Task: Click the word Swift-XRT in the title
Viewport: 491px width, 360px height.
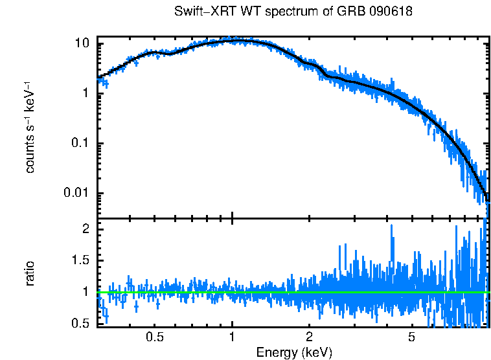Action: coord(201,12)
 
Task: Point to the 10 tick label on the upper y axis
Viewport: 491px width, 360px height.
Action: coord(82,43)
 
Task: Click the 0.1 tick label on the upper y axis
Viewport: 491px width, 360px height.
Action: coord(80,143)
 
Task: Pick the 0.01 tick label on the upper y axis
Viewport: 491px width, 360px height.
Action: coord(77,193)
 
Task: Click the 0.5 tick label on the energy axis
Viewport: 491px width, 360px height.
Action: coord(154,337)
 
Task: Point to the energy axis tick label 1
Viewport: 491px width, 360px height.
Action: coord(232,337)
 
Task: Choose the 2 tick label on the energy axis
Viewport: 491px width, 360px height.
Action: coord(309,337)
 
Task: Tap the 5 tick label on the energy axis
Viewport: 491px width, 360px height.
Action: coord(411,337)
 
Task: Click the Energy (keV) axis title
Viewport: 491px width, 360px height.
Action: coord(294,352)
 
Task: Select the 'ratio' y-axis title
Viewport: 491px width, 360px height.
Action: coord(30,273)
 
